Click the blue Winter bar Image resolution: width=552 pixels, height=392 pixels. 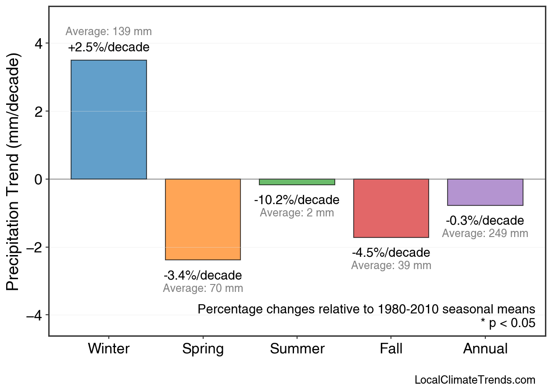tap(109, 119)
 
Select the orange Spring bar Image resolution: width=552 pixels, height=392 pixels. tap(203, 219)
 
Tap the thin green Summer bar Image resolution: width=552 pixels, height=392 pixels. tap(297, 182)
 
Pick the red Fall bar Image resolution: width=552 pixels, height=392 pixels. tap(391, 208)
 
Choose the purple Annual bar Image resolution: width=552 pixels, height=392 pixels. tap(485, 192)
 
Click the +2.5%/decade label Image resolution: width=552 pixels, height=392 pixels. tap(109, 47)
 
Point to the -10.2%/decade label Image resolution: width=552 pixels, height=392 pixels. tap(297, 200)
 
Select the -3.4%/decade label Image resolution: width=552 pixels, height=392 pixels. tap(203, 276)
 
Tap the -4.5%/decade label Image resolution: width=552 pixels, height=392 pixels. tap(391, 253)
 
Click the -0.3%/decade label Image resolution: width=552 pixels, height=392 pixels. tap(485, 220)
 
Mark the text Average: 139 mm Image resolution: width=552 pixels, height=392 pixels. tap(109, 32)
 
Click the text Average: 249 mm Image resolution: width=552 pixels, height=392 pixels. tap(485, 234)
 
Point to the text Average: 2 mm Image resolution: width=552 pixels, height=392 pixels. tap(297, 213)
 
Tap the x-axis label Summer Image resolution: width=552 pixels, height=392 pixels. tap(297, 349)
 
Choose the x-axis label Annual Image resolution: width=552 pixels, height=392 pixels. tap(485, 349)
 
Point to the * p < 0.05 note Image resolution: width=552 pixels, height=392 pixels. tap(508, 323)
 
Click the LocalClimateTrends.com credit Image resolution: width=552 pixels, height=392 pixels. tap(475, 380)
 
